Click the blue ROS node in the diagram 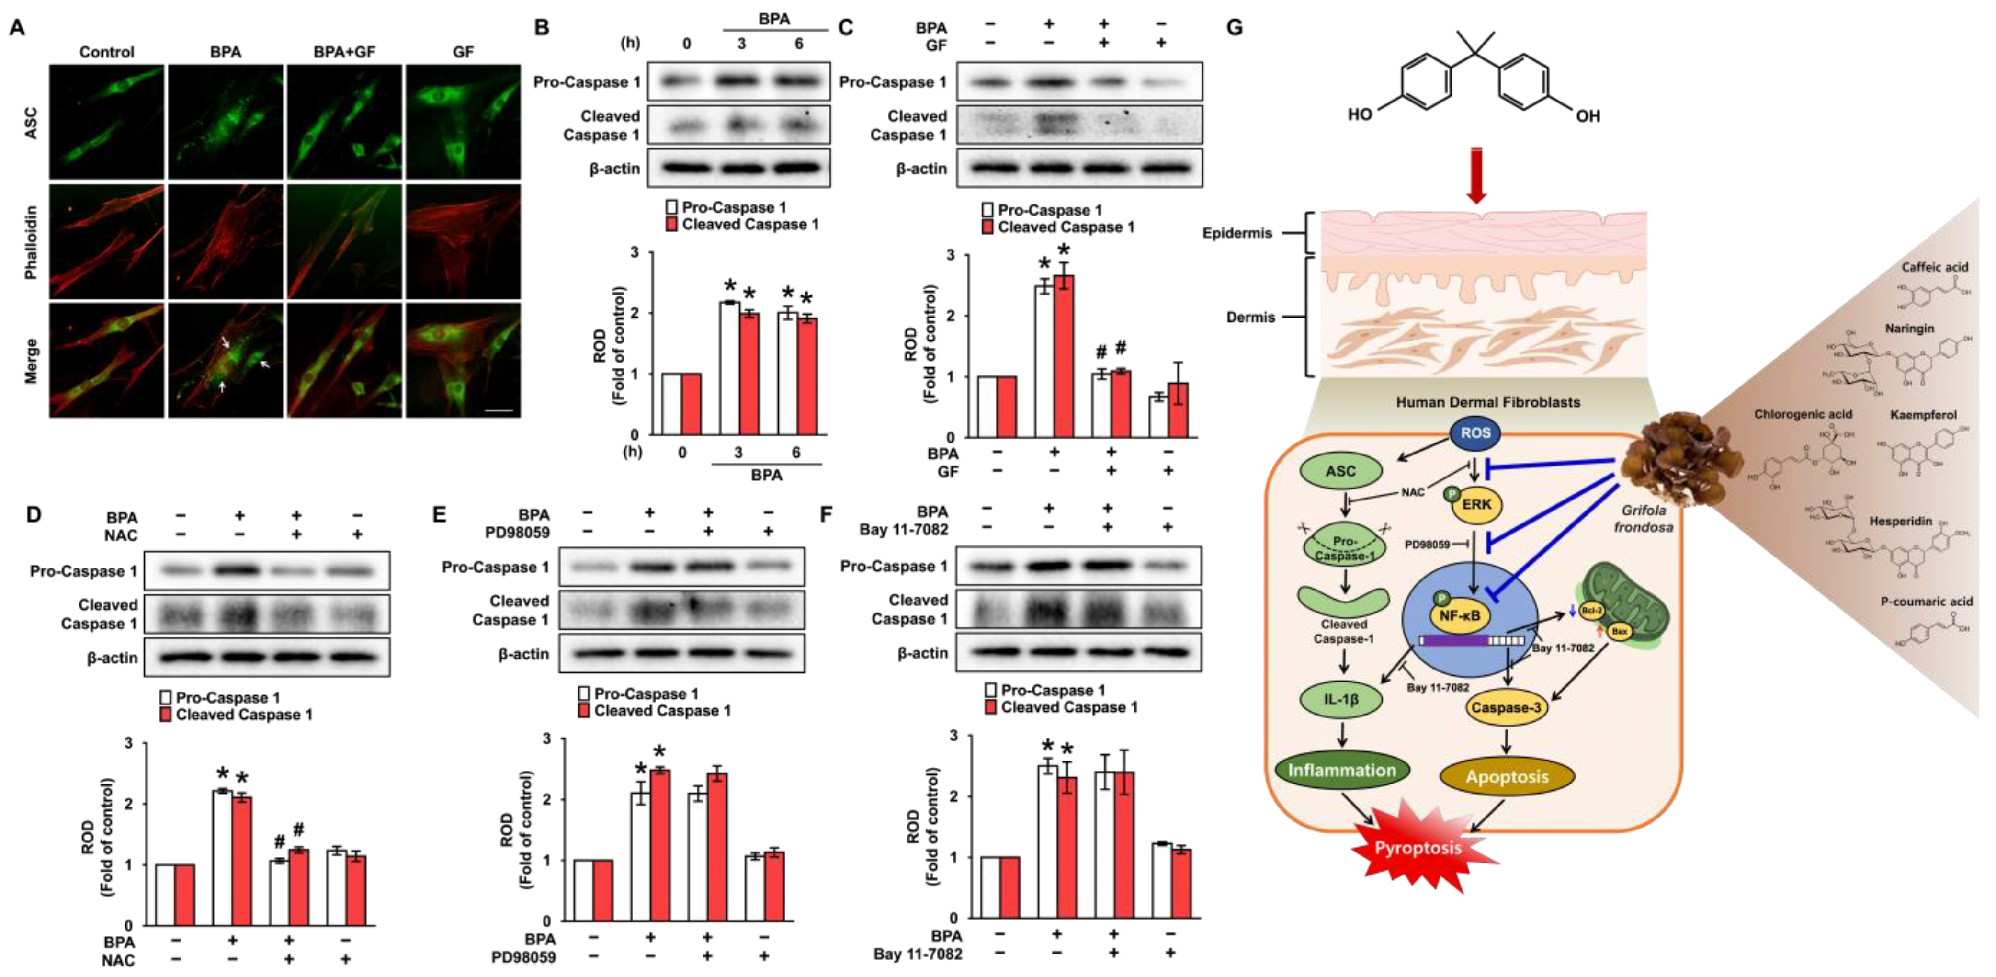click(1475, 433)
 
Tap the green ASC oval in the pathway click(1340, 471)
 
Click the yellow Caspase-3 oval click(1506, 707)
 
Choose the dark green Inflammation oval click(1341, 770)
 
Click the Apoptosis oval click(1506, 776)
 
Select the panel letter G click(1234, 28)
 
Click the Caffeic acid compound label click(1934, 267)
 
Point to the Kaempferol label click(1923, 415)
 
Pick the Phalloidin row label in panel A click(31, 242)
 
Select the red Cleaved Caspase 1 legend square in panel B click(672, 225)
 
